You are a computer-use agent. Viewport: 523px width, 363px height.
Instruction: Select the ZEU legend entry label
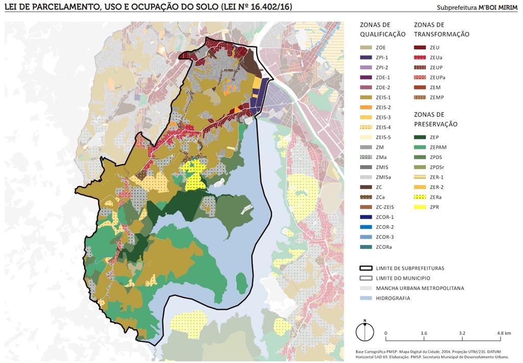coord(435,48)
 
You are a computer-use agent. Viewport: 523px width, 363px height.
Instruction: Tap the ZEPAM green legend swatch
coord(420,147)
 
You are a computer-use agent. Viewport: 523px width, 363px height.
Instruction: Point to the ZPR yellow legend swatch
coord(420,207)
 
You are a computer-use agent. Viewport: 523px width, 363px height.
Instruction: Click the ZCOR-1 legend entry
coord(384,217)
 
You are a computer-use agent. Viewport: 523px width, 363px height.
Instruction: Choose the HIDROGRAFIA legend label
coord(393,298)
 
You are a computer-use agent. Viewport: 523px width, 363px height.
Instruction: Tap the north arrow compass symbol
coord(365,332)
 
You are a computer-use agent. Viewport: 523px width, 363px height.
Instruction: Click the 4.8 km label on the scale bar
coord(504,333)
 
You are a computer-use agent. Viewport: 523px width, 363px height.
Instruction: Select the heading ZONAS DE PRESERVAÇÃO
coord(436,119)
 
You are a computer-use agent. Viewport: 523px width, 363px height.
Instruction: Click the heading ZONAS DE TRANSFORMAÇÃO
coord(441,29)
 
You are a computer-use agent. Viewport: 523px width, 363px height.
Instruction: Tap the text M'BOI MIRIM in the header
coord(498,8)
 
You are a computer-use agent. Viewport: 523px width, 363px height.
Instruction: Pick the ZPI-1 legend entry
coord(382,58)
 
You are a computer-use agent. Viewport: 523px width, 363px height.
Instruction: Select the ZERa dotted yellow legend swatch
coord(420,197)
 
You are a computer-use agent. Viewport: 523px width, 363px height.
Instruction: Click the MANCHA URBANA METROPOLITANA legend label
coord(420,288)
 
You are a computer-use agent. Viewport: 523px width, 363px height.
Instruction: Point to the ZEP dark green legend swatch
coord(420,137)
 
